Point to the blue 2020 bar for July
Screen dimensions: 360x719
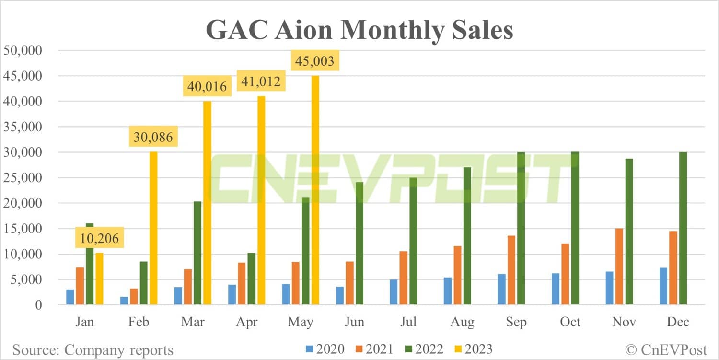pyautogui.click(x=394, y=292)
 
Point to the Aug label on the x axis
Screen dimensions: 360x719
pyautogui.click(x=462, y=321)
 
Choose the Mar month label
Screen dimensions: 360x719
pyautogui.click(x=193, y=321)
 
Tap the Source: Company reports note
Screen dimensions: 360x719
pyautogui.click(x=93, y=349)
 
